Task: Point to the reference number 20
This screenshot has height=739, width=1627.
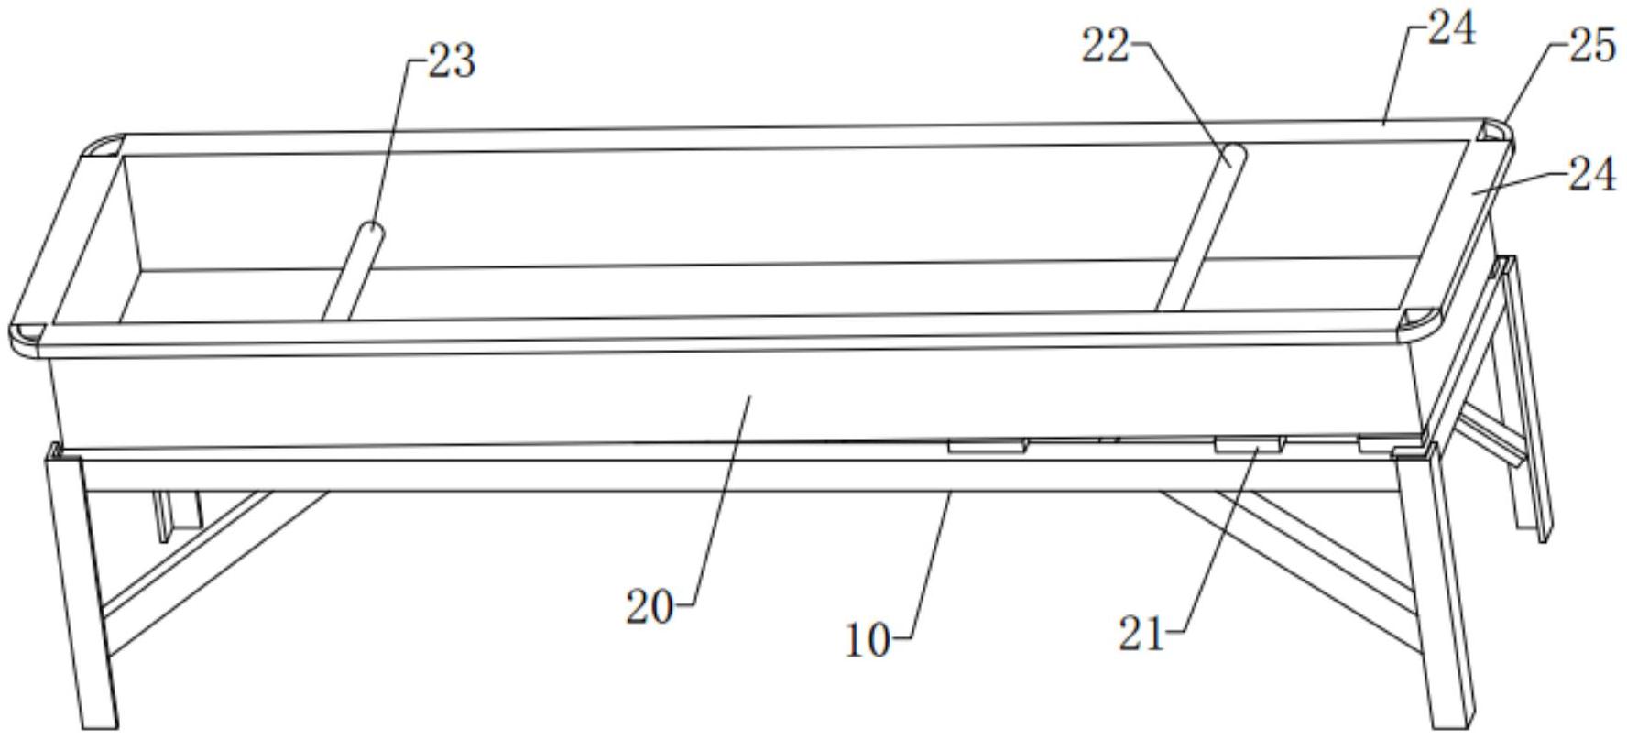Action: coord(650,607)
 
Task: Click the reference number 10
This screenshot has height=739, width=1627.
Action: coord(867,640)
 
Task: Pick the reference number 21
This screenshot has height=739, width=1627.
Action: coord(1141,634)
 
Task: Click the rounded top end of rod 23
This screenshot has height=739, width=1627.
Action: coord(371,231)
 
